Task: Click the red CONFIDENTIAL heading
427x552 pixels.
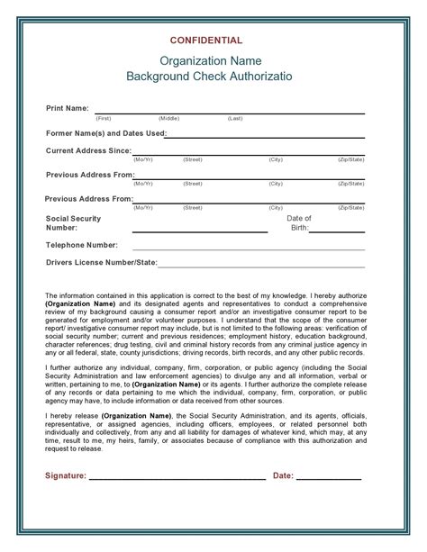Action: [206, 41]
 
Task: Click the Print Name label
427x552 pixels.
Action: [68, 108]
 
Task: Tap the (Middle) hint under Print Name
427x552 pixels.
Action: [168, 118]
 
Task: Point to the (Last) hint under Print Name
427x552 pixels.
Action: [235, 118]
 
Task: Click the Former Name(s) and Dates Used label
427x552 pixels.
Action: [105, 133]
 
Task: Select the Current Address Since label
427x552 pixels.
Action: [89, 150]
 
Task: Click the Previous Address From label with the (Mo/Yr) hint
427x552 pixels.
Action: [89, 175]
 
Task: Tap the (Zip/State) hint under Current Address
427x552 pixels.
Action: [350, 159]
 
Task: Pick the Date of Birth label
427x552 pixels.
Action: [299, 223]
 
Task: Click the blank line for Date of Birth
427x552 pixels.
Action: [338, 231]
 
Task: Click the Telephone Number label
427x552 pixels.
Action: [82, 245]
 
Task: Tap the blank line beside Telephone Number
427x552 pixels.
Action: [248, 249]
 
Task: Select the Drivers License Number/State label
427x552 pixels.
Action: [102, 263]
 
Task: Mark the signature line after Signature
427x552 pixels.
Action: [177, 479]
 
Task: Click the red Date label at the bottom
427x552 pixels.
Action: [283, 475]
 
